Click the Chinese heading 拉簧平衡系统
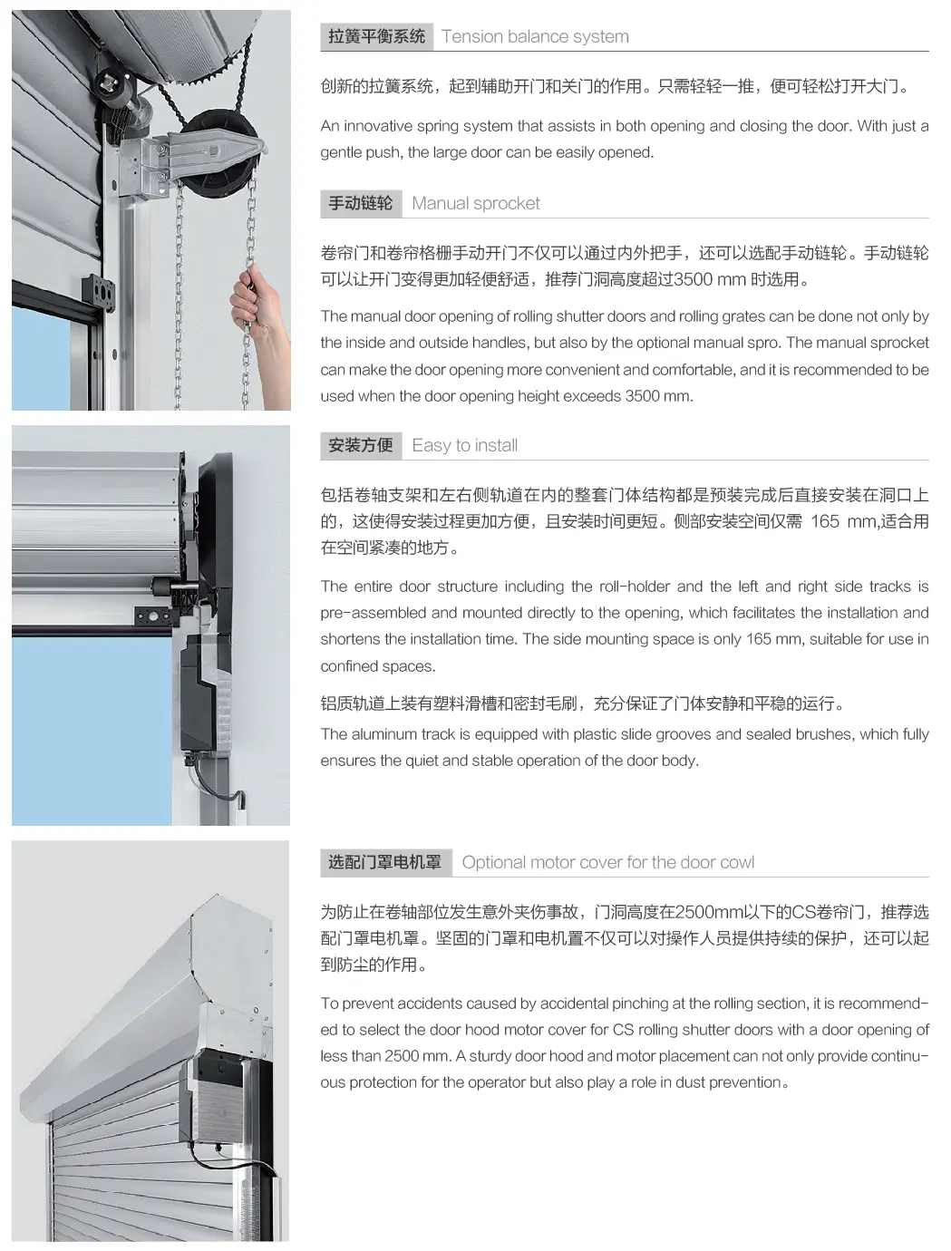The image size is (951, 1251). pyautogui.click(x=376, y=36)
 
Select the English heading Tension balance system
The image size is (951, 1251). pyautogui.click(x=535, y=36)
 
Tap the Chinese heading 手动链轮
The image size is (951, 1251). pyautogui.click(x=361, y=203)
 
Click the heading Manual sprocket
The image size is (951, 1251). pyautogui.click(x=476, y=203)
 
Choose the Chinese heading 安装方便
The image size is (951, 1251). pyautogui.click(x=361, y=445)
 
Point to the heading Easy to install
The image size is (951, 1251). pyautogui.click(x=465, y=445)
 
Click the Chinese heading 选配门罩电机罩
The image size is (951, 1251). pyautogui.click(x=385, y=862)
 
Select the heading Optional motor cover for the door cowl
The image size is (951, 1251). pyautogui.click(x=608, y=862)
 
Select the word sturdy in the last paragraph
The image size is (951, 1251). pyautogui.click(x=490, y=1056)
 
